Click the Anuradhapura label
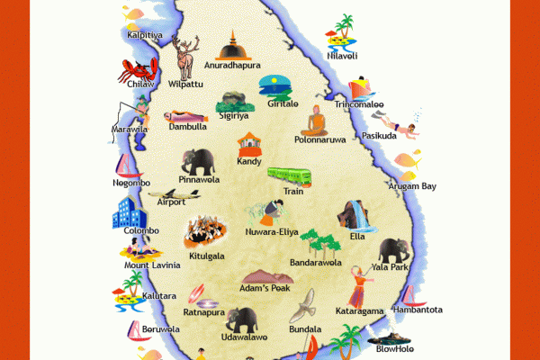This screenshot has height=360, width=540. tap(232, 66)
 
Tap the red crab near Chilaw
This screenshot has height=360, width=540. tap(139, 70)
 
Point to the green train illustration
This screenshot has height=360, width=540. tap(288, 175)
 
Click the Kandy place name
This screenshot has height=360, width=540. tap(249, 162)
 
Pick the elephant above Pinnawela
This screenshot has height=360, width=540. tap(199, 162)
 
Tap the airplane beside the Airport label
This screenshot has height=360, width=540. tap(168, 193)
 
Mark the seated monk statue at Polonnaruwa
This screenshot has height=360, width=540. tap(316, 121)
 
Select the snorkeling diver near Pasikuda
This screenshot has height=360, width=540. tap(397, 125)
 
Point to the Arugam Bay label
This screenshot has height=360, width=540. tap(411, 186)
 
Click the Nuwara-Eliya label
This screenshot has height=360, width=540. tap(272, 232)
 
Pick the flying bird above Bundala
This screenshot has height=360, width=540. tap(306, 306)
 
